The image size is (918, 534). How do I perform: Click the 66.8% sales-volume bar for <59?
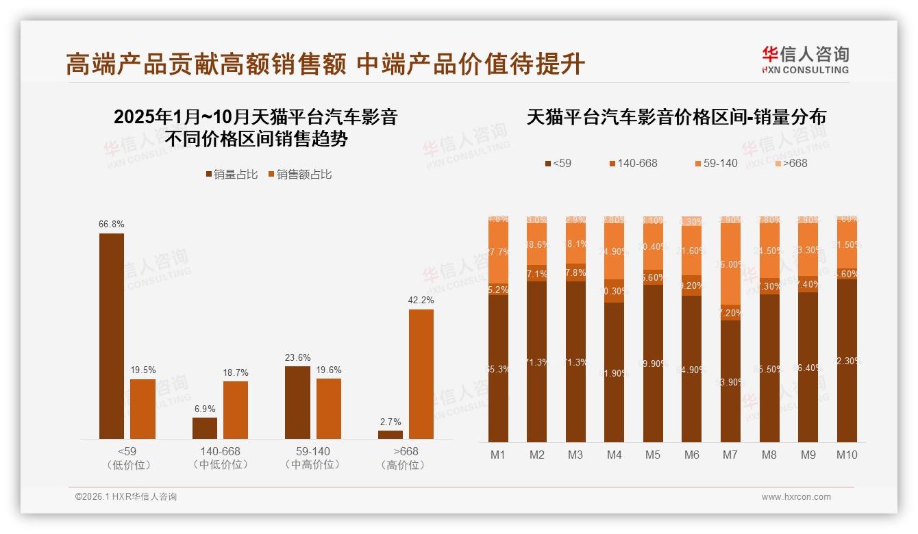click(x=112, y=335)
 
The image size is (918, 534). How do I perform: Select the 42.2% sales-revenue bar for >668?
click(x=421, y=374)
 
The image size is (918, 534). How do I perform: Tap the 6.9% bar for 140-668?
click(x=205, y=428)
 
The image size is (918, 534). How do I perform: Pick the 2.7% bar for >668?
click(x=390, y=434)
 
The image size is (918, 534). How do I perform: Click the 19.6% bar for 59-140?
click(x=329, y=408)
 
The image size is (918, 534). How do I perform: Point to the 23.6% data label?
click(x=297, y=357)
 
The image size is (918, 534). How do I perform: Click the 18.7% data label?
click(x=236, y=372)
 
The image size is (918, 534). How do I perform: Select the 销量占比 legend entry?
click(x=231, y=175)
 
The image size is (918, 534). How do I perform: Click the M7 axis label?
click(x=730, y=455)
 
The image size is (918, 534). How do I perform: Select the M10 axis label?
click(x=847, y=455)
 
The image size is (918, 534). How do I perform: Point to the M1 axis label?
click(x=498, y=455)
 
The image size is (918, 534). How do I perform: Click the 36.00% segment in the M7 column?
click(x=731, y=264)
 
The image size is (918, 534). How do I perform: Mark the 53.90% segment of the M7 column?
click(x=731, y=381)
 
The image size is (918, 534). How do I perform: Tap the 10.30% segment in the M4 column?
click(x=615, y=291)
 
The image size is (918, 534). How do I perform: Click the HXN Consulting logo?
click(x=805, y=60)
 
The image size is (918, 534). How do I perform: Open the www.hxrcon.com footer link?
click(x=796, y=497)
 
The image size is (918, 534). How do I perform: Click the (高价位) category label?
click(x=406, y=465)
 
